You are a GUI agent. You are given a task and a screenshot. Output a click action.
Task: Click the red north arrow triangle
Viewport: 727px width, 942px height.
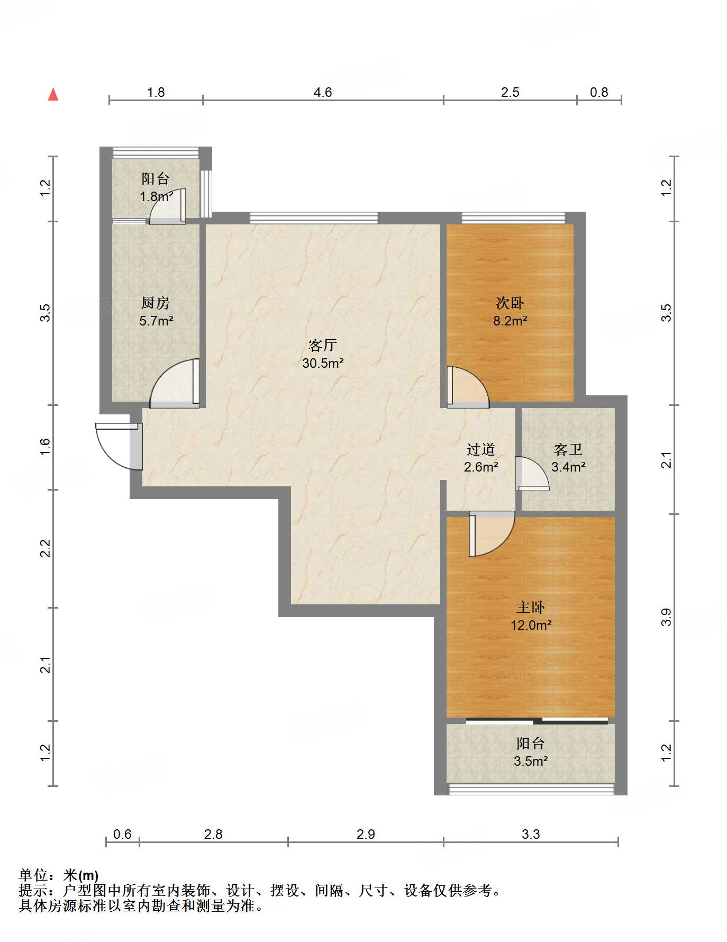pyautogui.click(x=53, y=94)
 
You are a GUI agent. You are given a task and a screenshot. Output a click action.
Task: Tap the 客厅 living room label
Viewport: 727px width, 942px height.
pyautogui.click(x=323, y=346)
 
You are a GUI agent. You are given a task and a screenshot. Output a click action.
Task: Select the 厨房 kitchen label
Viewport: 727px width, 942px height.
pyautogui.click(x=156, y=303)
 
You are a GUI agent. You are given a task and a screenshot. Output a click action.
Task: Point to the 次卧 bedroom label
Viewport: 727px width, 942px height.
pyautogui.click(x=510, y=303)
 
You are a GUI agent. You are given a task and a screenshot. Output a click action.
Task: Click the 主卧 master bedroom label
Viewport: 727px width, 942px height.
pyautogui.click(x=531, y=608)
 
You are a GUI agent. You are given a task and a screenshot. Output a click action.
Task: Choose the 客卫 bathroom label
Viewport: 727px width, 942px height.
pyautogui.click(x=568, y=450)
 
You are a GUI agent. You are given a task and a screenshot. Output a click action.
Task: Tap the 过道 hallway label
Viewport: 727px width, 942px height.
pyautogui.click(x=481, y=450)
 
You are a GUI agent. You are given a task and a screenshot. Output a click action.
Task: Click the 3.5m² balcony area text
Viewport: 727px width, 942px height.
pyautogui.click(x=531, y=761)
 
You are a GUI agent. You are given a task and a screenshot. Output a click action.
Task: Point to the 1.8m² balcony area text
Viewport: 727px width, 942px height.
pyautogui.click(x=156, y=197)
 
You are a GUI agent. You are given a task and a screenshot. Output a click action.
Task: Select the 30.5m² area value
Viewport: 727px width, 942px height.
pyautogui.click(x=323, y=363)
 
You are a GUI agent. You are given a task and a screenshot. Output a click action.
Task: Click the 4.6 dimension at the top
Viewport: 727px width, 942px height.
pyautogui.click(x=323, y=93)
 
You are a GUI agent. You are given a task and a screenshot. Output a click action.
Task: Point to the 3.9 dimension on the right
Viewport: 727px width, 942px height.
pyautogui.click(x=666, y=617)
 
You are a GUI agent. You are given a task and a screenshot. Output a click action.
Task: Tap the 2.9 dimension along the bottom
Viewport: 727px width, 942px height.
pyautogui.click(x=366, y=835)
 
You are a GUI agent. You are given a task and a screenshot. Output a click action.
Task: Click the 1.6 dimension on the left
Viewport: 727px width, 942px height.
pyautogui.click(x=45, y=447)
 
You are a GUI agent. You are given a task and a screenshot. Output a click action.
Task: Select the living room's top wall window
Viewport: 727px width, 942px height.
pyautogui.click(x=314, y=218)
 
